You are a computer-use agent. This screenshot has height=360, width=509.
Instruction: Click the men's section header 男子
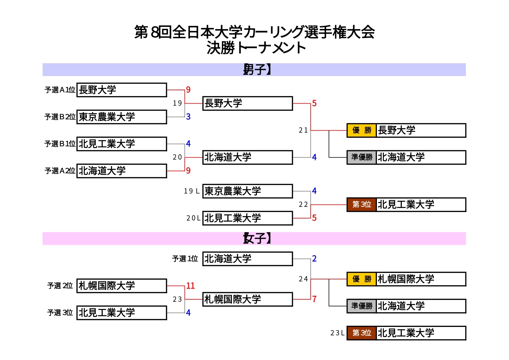257,70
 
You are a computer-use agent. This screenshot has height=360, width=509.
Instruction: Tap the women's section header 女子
257,238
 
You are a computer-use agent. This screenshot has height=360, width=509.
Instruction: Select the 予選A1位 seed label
60,90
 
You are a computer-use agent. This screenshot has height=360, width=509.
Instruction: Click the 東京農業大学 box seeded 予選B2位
122,117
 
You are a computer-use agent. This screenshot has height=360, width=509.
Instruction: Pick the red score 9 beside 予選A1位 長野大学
188,90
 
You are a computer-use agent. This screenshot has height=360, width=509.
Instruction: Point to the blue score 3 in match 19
188,117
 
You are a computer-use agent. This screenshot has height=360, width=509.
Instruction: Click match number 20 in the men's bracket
177,157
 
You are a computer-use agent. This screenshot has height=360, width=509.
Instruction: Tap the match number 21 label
303,130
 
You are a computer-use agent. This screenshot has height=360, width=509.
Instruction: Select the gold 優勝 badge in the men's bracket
361,130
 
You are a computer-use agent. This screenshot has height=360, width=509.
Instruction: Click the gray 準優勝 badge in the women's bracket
361,306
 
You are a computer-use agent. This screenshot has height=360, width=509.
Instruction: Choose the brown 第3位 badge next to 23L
361,333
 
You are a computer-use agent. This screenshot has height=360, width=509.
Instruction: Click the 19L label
192,191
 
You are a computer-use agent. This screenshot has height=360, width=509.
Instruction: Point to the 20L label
193,218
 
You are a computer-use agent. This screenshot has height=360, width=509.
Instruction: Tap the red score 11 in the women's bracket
190,286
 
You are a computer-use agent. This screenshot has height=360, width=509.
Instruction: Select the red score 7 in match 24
314,299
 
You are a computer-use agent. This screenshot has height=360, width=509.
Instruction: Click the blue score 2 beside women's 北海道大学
314,258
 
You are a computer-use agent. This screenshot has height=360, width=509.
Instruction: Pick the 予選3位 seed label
60,313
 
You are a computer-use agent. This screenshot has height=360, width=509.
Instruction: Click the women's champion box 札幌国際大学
421,279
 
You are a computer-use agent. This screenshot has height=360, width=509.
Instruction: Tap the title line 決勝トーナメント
256,48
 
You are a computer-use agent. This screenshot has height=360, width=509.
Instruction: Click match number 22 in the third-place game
303,205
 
